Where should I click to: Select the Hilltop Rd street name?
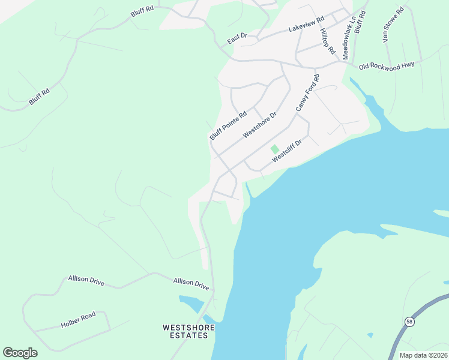click(x=327, y=41)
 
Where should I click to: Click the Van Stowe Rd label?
click(x=393, y=25)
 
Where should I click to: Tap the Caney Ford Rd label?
click(x=308, y=93)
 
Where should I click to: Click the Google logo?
click(x=20, y=353)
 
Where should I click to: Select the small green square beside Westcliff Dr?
click(x=274, y=149)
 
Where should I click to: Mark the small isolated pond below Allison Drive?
click(x=190, y=303)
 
